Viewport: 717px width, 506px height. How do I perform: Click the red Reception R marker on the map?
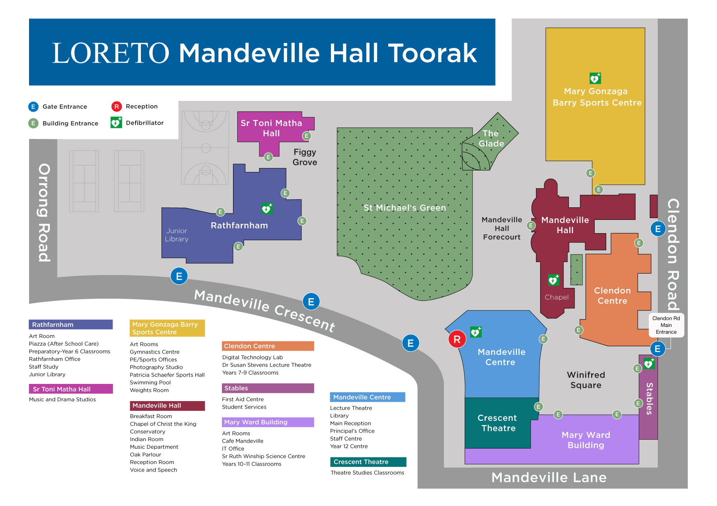tap(457, 339)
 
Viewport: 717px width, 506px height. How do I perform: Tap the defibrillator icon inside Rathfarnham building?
tap(267, 208)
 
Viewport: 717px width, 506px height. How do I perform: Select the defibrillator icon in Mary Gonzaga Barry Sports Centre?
tap(595, 78)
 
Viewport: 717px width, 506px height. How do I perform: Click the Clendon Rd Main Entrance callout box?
tap(666, 325)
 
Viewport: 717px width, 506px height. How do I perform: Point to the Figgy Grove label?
tap(305, 157)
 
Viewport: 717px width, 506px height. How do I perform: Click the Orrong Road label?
tap(44, 213)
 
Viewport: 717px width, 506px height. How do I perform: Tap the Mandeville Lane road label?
tap(549, 477)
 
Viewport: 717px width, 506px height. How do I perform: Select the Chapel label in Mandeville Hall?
tap(556, 297)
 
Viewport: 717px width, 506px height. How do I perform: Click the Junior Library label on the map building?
tap(176, 235)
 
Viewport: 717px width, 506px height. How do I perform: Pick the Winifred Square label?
tap(586, 380)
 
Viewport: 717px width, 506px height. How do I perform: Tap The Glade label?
tap(491, 139)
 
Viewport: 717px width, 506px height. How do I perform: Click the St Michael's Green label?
tap(405, 208)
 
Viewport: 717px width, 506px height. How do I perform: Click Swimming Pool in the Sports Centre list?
tap(150, 382)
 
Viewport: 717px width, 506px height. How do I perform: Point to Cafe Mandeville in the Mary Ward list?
tap(242, 441)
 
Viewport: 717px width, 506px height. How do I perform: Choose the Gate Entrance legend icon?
tap(33, 107)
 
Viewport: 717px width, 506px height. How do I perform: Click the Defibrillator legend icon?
tap(116, 123)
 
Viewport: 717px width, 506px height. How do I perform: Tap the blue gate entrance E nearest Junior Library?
tap(179, 276)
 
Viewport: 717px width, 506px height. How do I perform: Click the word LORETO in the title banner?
tap(110, 53)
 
